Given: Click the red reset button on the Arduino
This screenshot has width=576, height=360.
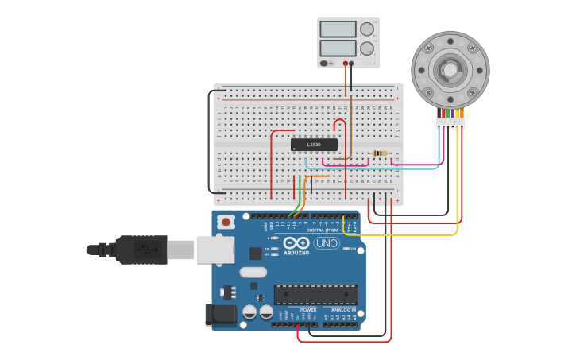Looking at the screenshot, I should pos(226,223).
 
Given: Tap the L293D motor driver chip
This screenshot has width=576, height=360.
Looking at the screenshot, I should pos(314,145).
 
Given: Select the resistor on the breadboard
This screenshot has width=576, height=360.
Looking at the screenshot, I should pos(380,153).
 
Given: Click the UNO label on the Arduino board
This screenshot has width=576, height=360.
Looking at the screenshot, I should pos(326,243).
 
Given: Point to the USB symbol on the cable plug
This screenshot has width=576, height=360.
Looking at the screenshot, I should pos(144,250).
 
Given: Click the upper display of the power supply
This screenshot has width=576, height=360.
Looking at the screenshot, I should pos(338,29).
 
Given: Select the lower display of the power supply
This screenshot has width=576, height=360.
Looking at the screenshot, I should pos(338,48).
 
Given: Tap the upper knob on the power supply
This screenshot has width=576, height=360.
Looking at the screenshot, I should pos(366,29).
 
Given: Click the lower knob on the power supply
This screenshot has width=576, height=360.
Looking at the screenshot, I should pos(366,48).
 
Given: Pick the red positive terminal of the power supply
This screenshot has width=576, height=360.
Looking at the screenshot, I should pos(346,63).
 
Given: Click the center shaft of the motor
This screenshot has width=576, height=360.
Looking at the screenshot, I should pos(450,70).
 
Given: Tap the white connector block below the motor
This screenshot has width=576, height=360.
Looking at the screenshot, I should pos(450,123).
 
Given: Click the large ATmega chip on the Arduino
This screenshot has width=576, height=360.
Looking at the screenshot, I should pos(315,294).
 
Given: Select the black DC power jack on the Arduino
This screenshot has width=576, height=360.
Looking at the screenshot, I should pos(220,315).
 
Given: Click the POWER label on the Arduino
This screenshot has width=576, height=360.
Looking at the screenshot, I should pos(297,310).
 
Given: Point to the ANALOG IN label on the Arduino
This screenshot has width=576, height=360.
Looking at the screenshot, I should pos(344,310).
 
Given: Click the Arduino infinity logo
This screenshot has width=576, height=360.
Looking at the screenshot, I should pos(296,243).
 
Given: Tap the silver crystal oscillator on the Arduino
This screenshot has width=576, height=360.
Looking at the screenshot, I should pos(253,272).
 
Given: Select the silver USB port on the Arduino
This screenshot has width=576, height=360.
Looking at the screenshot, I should pos(215,250).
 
